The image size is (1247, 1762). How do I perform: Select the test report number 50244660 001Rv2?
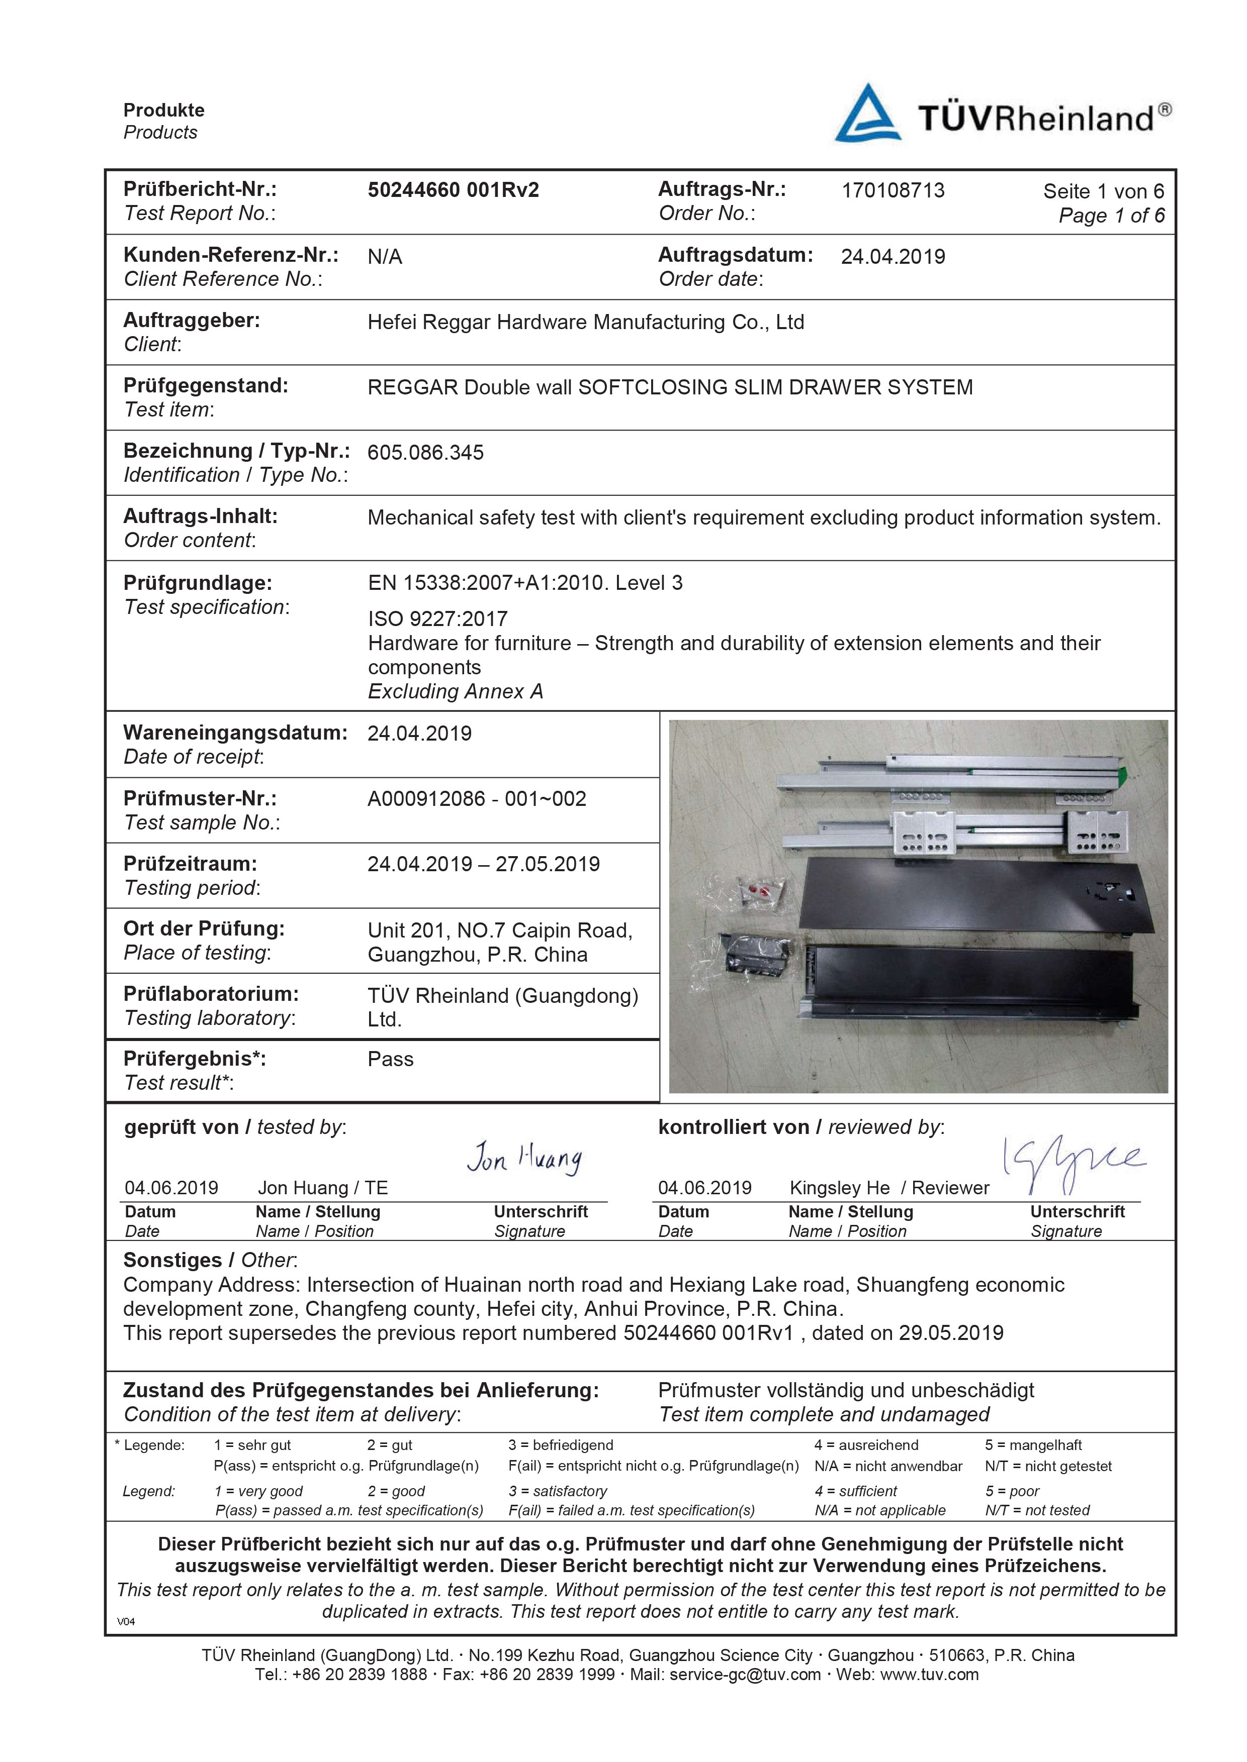click(453, 190)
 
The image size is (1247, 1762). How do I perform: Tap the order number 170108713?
click(892, 190)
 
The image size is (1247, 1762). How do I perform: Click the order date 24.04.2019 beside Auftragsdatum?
click(892, 256)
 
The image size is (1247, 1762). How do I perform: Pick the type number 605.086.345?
click(425, 453)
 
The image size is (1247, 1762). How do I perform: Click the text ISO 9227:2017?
click(437, 618)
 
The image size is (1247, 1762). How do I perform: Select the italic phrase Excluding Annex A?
click(456, 691)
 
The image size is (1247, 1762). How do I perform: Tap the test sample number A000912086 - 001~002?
click(476, 799)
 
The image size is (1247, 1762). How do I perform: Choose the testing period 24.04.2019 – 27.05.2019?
click(483, 864)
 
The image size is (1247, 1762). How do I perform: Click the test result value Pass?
click(390, 1059)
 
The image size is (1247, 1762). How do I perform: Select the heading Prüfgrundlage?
click(197, 583)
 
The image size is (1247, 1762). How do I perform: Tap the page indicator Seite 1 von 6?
click(1103, 191)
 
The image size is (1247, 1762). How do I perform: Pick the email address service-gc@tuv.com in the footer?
click(745, 1675)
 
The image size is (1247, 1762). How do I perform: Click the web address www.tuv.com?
click(929, 1675)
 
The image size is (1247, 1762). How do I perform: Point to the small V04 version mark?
click(126, 1621)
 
